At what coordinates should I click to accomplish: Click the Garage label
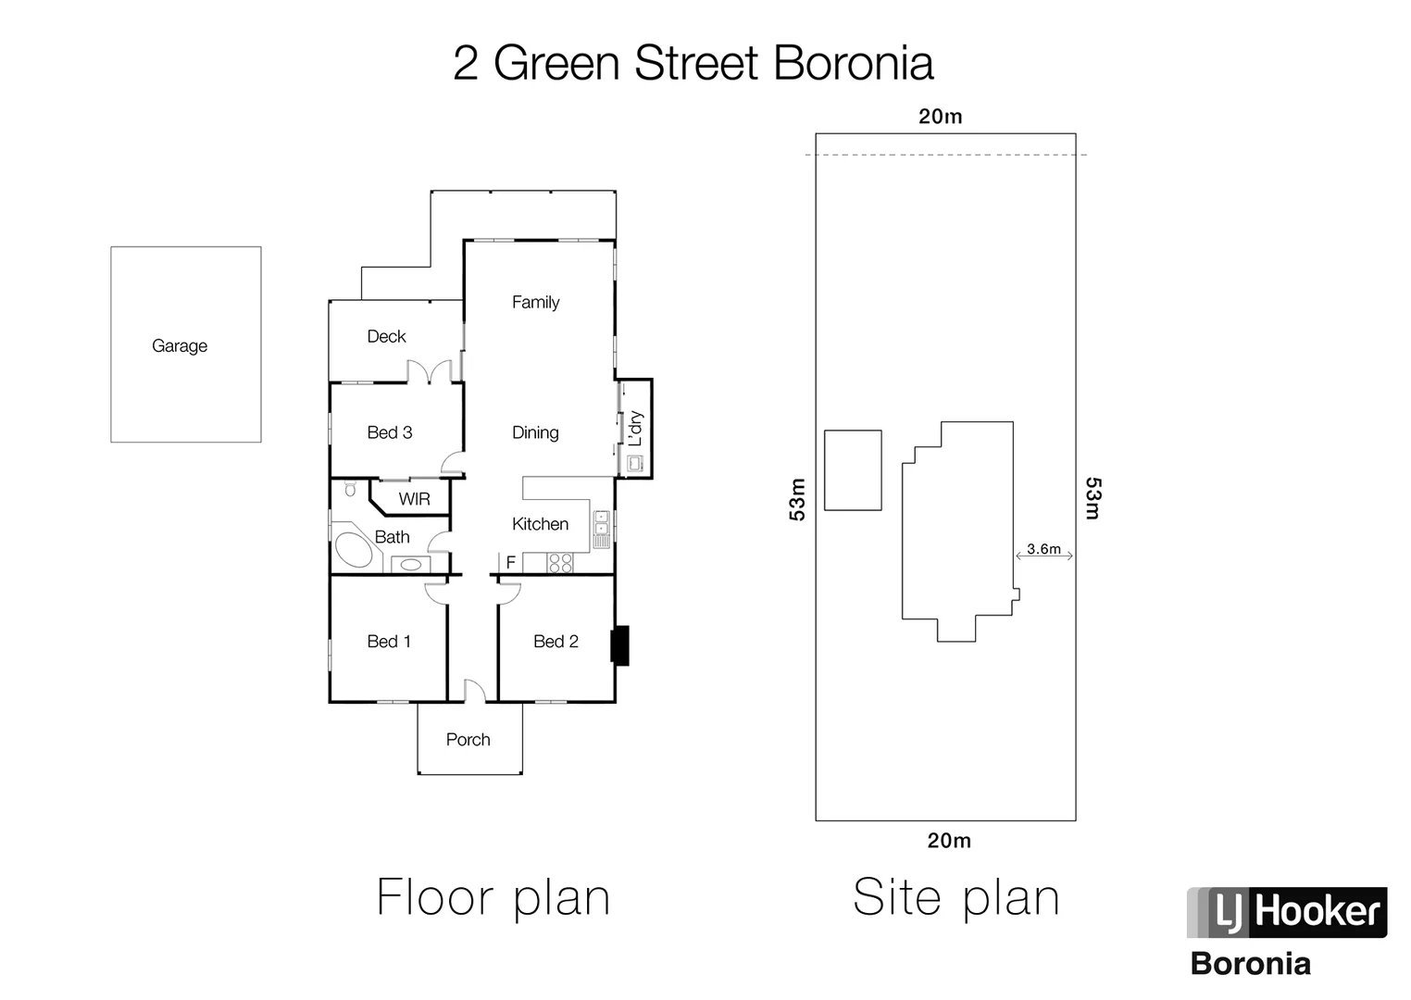point(180,345)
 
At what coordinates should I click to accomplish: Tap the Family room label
point(535,302)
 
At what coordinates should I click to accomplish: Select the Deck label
point(386,336)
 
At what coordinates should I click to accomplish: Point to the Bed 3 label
point(389,432)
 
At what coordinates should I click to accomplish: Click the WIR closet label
point(414,499)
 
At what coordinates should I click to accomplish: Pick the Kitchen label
point(540,524)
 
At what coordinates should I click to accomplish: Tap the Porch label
point(468,739)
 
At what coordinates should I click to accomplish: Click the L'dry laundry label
point(635,428)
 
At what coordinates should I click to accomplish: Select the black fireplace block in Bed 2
point(619,645)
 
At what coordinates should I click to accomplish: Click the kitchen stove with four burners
point(560,562)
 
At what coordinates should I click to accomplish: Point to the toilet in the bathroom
point(350,488)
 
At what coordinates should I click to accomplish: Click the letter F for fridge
point(510,562)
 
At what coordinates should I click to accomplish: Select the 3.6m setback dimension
point(1043,549)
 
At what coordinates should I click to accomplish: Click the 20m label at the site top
point(940,117)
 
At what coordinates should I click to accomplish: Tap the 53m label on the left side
point(797,499)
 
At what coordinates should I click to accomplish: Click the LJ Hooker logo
point(1286,912)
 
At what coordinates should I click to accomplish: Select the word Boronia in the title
point(853,64)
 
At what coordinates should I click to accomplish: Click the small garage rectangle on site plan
point(852,469)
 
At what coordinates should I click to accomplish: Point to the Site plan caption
point(955,897)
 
